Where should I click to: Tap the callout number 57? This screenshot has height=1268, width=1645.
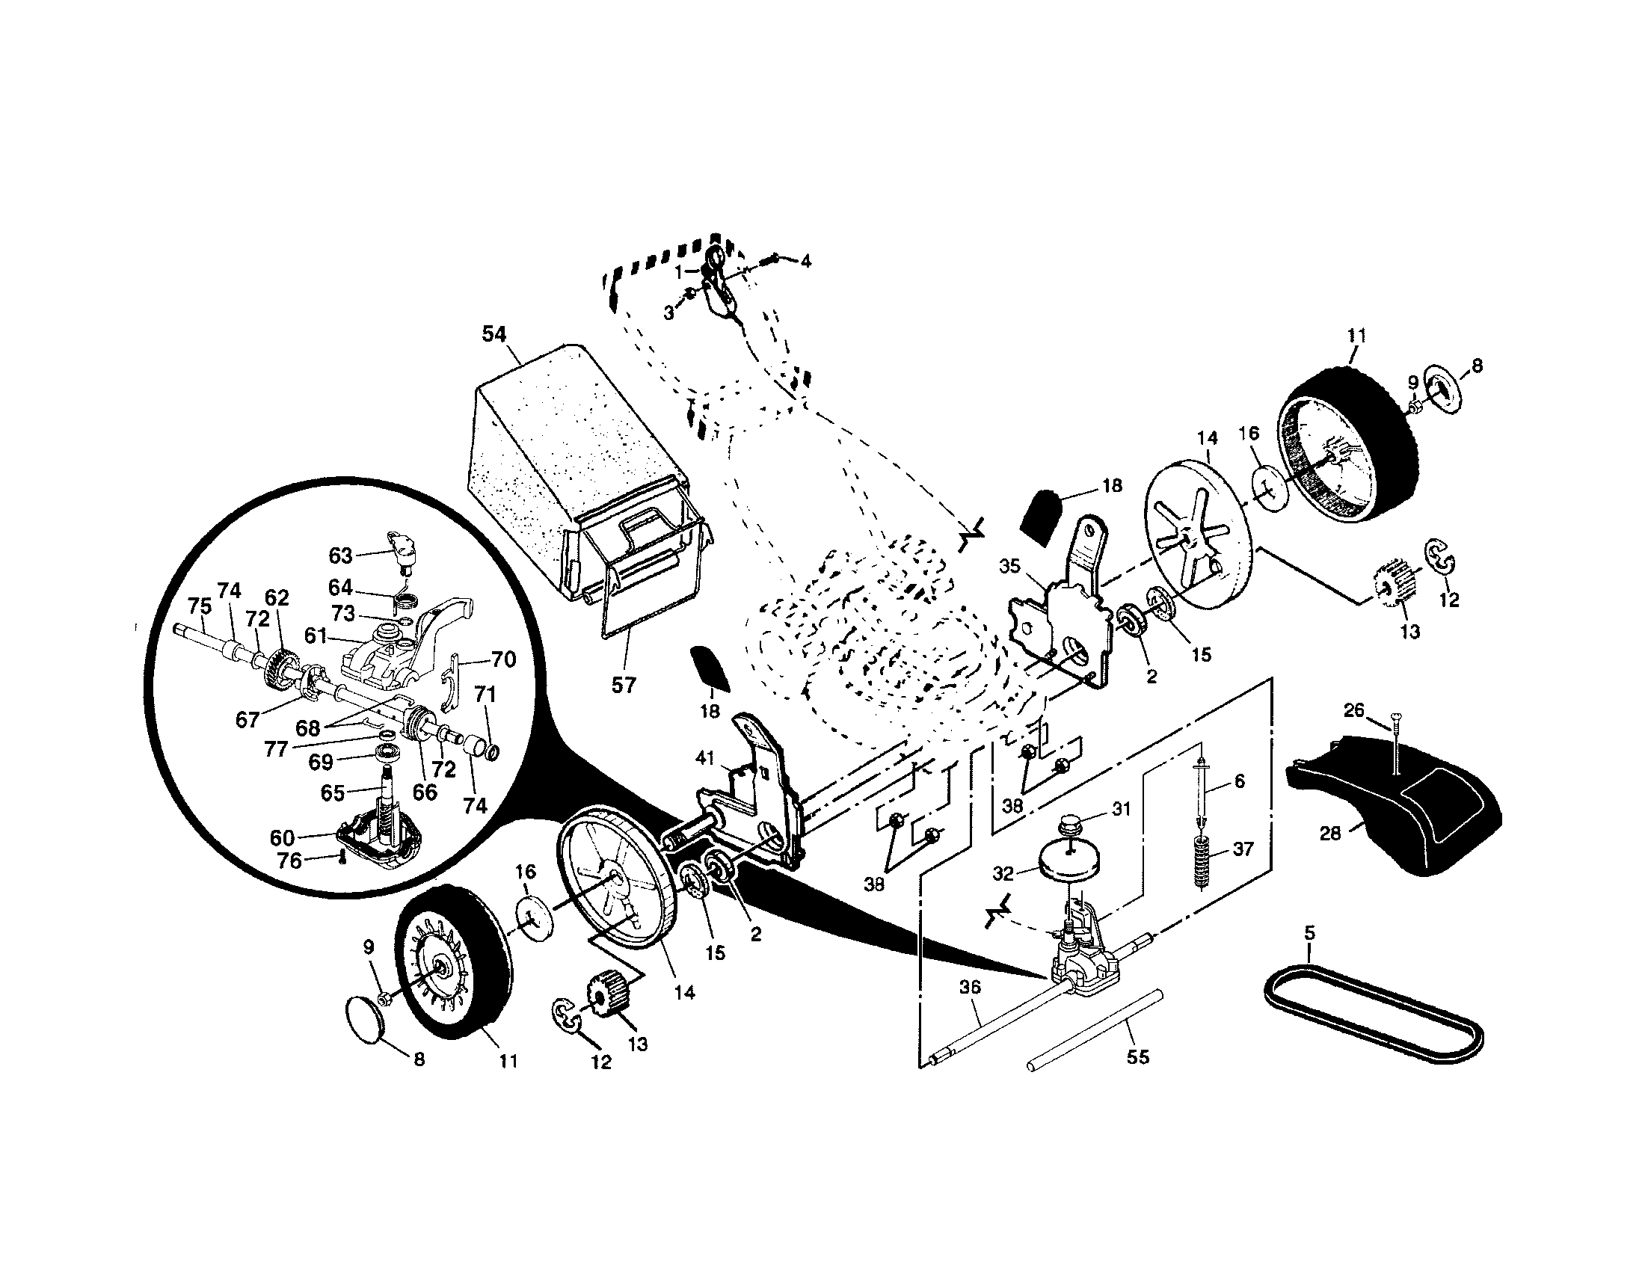(x=624, y=684)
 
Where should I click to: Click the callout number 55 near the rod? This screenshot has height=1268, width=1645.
(x=1138, y=1056)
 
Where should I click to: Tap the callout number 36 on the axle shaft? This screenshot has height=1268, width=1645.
(x=970, y=986)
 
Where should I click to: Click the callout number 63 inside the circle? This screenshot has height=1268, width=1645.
(x=340, y=555)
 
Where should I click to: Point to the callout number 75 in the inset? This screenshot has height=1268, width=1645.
(x=200, y=606)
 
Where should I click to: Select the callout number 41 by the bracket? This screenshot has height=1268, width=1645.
(x=704, y=759)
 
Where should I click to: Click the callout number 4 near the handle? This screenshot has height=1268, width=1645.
(x=805, y=261)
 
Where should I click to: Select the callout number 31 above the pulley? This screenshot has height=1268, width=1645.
(x=1122, y=809)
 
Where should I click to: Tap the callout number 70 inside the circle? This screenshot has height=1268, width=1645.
(x=503, y=659)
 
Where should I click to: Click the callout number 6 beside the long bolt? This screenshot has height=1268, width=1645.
(x=1240, y=781)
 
